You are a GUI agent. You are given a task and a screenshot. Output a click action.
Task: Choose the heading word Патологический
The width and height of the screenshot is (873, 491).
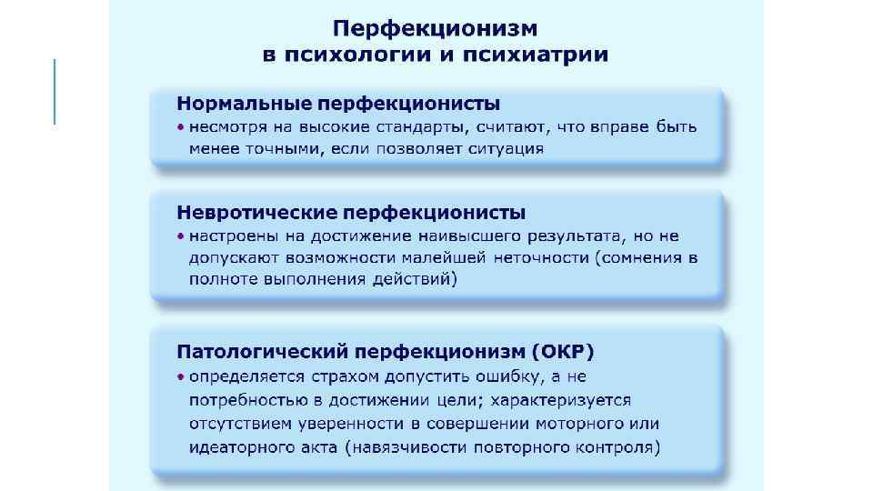point(262,350)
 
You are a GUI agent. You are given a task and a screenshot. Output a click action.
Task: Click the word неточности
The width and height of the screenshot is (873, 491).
point(542,258)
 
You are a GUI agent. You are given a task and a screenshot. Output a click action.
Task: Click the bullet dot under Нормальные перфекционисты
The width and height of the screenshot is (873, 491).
point(180,127)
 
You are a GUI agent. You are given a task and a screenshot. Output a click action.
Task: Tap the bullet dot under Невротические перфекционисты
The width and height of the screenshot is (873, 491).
point(180,236)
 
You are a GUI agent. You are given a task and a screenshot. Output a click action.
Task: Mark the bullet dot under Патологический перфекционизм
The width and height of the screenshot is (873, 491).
point(180,376)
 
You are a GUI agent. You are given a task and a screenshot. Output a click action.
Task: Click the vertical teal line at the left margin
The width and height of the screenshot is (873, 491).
point(55,91)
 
